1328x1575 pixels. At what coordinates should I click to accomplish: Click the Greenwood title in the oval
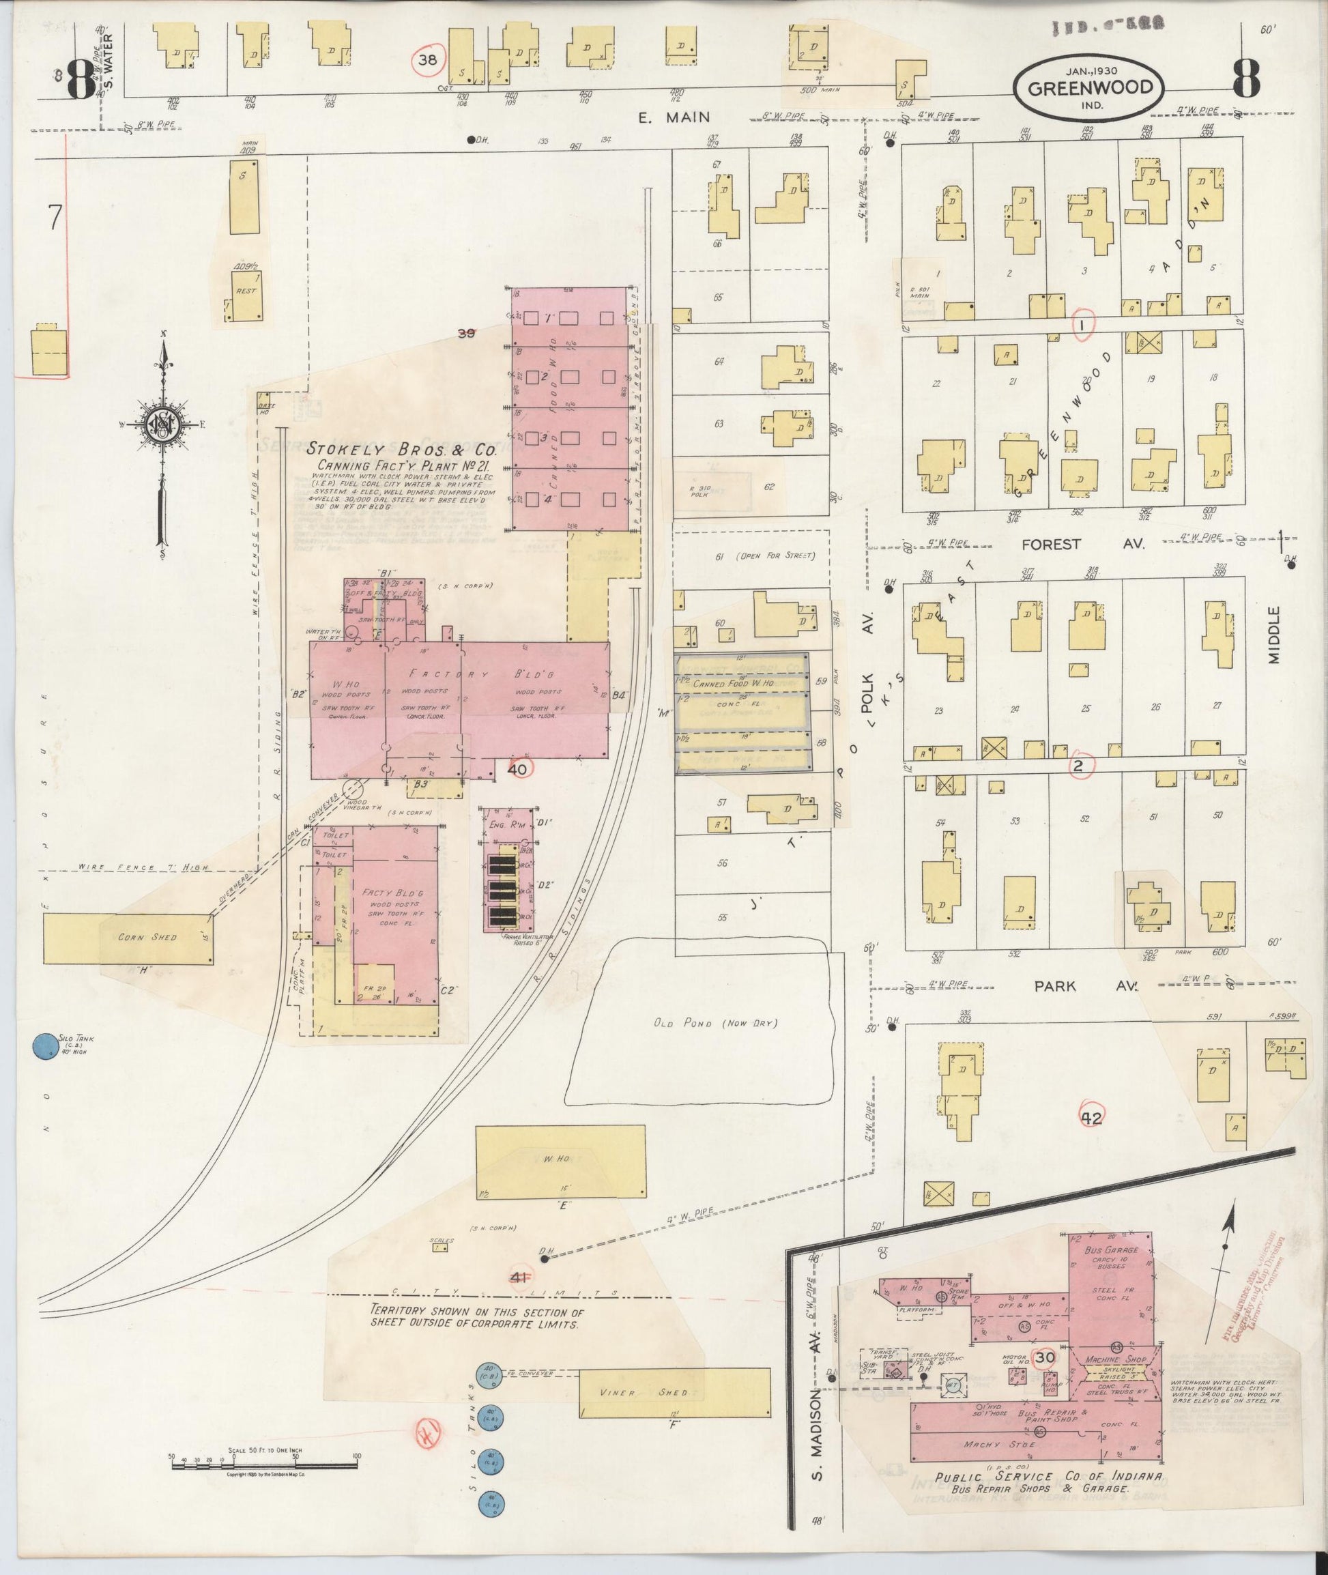pyautogui.click(x=1089, y=87)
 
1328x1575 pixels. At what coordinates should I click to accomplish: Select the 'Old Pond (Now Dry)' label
pyautogui.click(x=714, y=1023)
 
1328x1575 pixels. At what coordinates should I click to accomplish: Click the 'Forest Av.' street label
pyautogui.click(x=1051, y=544)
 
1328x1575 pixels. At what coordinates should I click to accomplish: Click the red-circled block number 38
pyautogui.click(x=428, y=61)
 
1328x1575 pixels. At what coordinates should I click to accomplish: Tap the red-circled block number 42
pyautogui.click(x=1091, y=1118)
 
